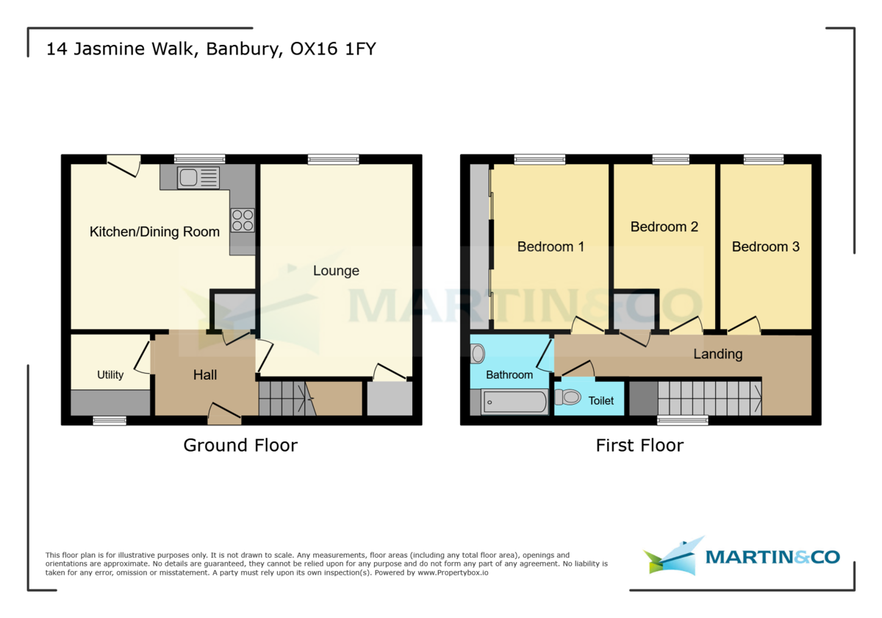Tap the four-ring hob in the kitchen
(x=243, y=220)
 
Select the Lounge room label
(x=336, y=271)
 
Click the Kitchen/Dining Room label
(x=154, y=232)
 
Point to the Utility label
(x=110, y=374)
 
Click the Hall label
(x=205, y=375)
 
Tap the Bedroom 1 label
(x=551, y=246)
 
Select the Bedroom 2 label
(x=664, y=227)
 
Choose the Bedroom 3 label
(x=765, y=246)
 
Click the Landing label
(x=717, y=354)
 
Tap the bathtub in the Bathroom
(x=514, y=402)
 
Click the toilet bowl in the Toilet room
(x=568, y=398)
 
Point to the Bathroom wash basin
(x=478, y=355)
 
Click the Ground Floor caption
(x=240, y=445)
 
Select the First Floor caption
(x=639, y=445)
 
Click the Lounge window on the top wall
(x=334, y=159)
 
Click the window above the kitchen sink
(x=199, y=159)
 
